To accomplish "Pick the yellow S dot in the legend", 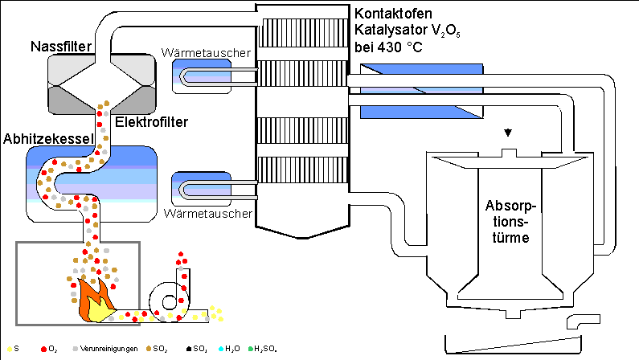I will [7, 349].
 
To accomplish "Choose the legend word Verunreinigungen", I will [109, 349].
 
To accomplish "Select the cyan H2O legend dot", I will [221, 349].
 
